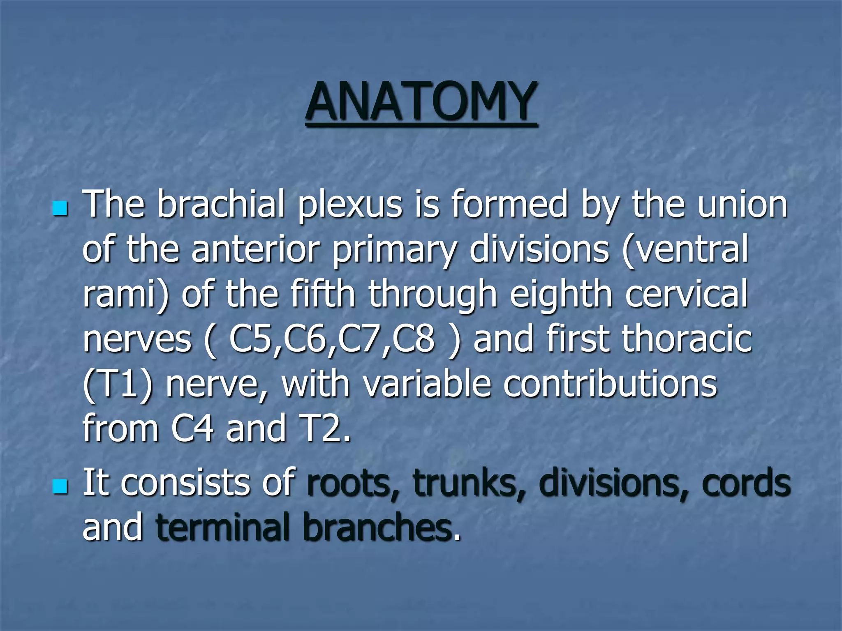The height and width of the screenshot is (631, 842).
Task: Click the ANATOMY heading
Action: coord(421,101)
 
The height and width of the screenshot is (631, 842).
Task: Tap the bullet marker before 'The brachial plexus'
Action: coord(60,209)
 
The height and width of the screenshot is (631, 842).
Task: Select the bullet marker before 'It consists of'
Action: coord(60,488)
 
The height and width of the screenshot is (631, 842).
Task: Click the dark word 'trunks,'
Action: coord(469,483)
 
